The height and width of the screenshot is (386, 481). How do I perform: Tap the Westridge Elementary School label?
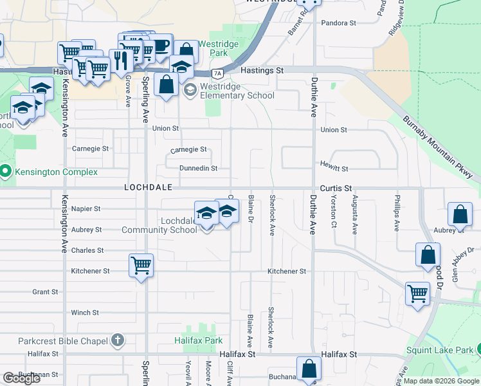[x=237, y=91]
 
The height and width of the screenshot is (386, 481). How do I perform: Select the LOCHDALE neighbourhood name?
[x=149, y=187]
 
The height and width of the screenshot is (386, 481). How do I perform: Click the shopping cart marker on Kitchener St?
[x=140, y=264]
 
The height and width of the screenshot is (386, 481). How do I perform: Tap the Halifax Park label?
[x=198, y=340]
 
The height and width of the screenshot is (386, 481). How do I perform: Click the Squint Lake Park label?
[x=440, y=351]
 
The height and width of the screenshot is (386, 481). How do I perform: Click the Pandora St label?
[x=340, y=23]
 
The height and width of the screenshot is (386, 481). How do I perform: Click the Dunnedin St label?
[x=199, y=169]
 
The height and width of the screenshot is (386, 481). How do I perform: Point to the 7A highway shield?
[x=218, y=73]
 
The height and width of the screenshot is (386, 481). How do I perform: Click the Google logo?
[x=21, y=378]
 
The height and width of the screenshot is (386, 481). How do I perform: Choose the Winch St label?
[x=85, y=313]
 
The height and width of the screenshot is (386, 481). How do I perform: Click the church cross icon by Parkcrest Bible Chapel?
[x=117, y=338]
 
